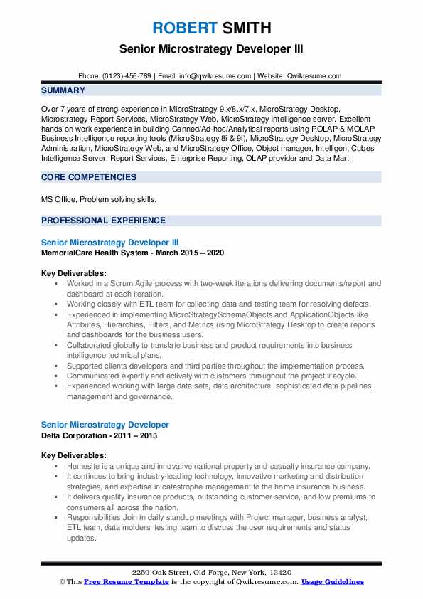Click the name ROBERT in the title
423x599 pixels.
pyautogui.click(x=183, y=28)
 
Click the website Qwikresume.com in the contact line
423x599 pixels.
pyautogui.click(x=315, y=75)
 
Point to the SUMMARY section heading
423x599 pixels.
pyautogui.click(x=63, y=90)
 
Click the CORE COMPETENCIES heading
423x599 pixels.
pyautogui.click(x=89, y=176)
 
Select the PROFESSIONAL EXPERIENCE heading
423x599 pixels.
pyautogui.click(x=103, y=221)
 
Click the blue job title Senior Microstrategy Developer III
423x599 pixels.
pyautogui.click(x=114, y=243)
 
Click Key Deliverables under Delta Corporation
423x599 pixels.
pyautogui.click(x=74, y=455)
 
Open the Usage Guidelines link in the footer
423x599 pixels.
pyautogui.click(x=332, y=582)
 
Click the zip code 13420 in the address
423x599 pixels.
pyautogui.click(x=283, y=573)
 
